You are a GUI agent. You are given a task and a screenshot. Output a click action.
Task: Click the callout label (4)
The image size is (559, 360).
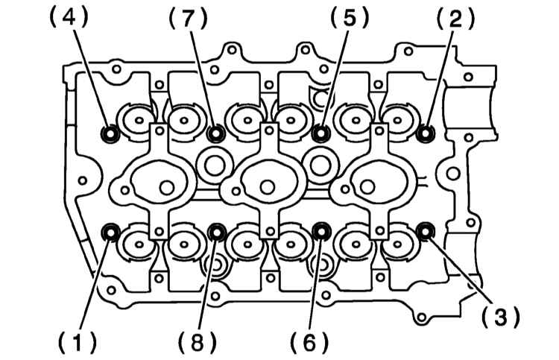(x=68, y=18)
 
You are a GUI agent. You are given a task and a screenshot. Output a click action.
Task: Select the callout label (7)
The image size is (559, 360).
(x=188, y=18)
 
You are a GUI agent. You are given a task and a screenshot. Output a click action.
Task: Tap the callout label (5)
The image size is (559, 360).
(x=349, y=18)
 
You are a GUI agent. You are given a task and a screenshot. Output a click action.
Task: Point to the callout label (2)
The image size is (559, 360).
(x=455, y=19)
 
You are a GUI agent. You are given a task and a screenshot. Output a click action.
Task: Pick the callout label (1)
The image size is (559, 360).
(x=78, y=341)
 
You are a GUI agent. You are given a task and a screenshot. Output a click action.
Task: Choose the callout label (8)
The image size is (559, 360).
(x=198, y=341)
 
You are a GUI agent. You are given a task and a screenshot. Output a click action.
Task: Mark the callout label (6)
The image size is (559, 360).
(x=309, y=341)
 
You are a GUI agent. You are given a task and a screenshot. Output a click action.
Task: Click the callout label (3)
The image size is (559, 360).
(x=500, y=317)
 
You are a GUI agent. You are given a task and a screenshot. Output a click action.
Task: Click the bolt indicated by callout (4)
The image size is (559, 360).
(x=110, y=134)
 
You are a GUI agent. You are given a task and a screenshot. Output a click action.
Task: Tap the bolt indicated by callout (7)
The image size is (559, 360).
(x=215, y=134)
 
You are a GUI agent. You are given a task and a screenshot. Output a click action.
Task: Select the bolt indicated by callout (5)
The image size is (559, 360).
(x=320, y=133)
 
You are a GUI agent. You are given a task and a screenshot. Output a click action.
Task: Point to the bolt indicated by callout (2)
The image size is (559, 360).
(x=426, y=133)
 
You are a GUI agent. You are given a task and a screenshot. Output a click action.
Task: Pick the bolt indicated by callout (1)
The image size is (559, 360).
(x=111, y=233)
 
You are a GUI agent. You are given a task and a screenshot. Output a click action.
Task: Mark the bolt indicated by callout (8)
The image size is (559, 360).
(x=216, y=233)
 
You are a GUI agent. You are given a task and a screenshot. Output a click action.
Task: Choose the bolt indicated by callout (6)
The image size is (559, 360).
(x=320, y=232)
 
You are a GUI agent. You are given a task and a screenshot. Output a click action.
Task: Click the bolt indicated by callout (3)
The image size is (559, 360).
(x=425, y=231)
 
